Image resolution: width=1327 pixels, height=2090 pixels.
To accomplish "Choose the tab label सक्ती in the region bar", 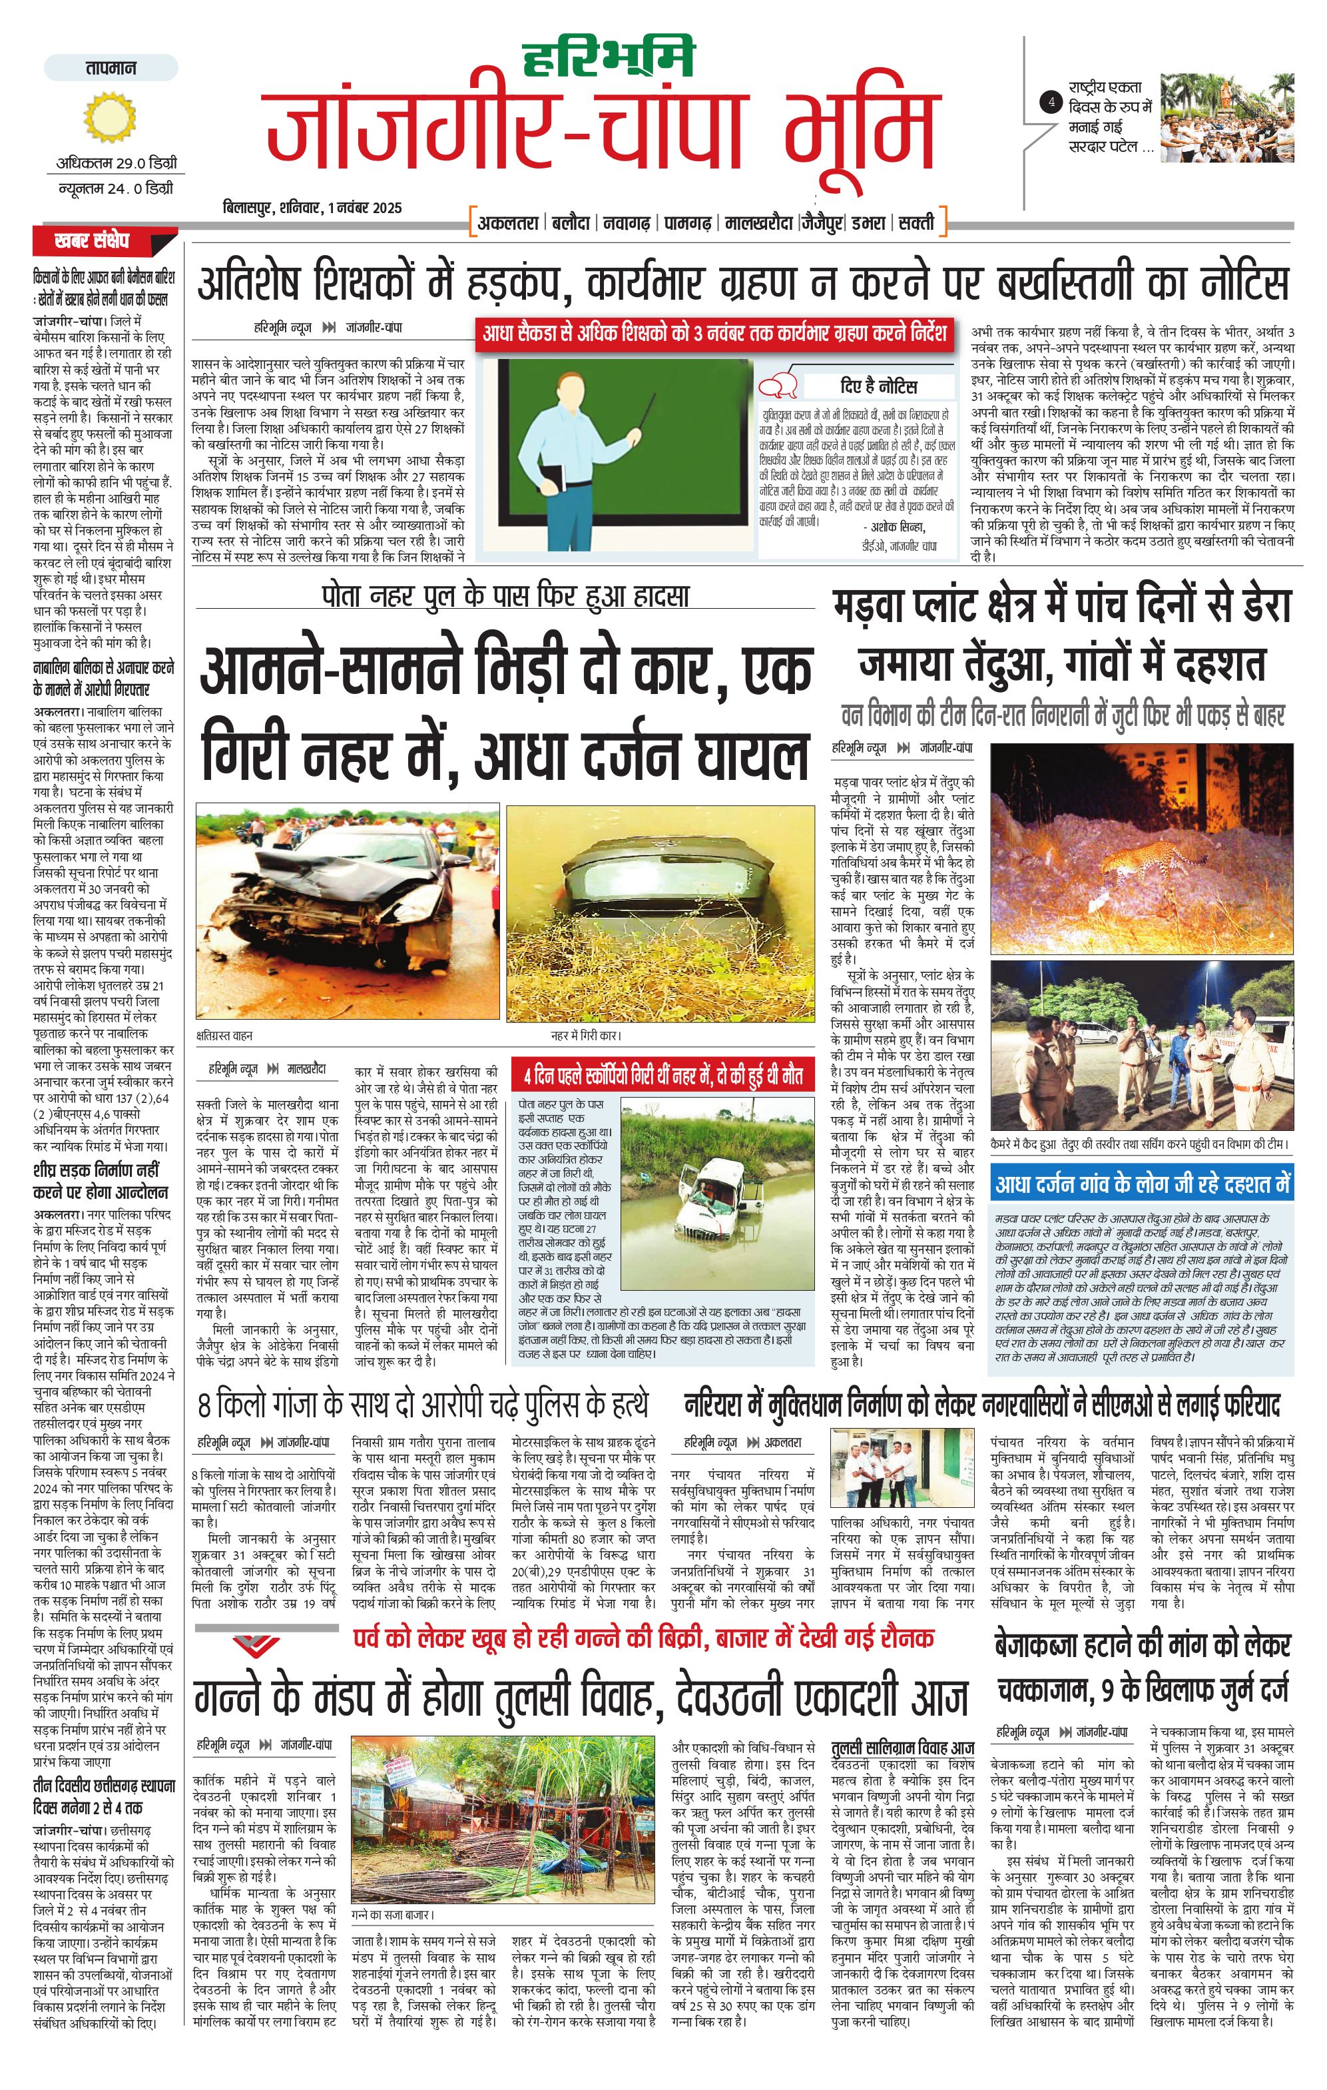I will pyautogui.click(x=916, y=223).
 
